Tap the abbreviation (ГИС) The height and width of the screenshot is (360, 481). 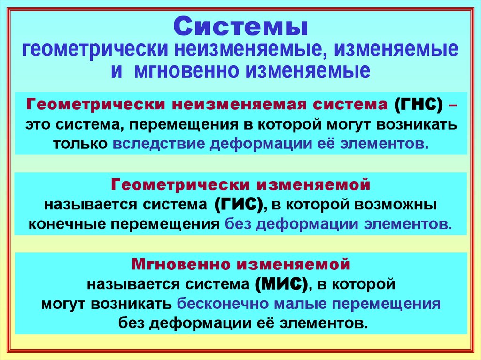(x=239, y=205)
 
